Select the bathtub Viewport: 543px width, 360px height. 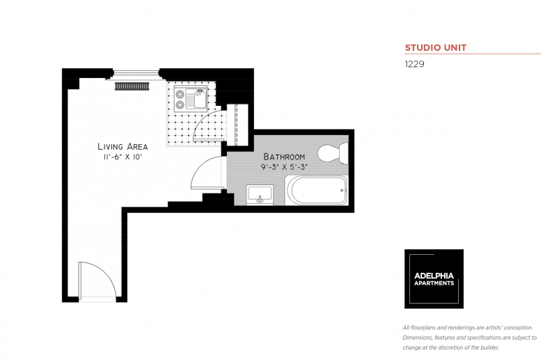coord(315,190)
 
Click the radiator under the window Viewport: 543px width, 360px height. coord(132,86)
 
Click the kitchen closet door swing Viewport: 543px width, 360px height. coord(208,125)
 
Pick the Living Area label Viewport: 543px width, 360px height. coord(120,147)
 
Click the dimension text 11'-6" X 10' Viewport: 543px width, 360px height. coord(120,157)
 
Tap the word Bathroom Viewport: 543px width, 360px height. coord(285,157)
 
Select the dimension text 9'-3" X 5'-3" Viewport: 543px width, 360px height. coord(285,167)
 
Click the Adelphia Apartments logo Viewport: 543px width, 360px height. coord(434,278)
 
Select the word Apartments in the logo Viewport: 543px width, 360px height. coord(433,283)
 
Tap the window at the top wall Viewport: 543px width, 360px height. coord(136,72)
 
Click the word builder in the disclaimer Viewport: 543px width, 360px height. coord(487,347)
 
